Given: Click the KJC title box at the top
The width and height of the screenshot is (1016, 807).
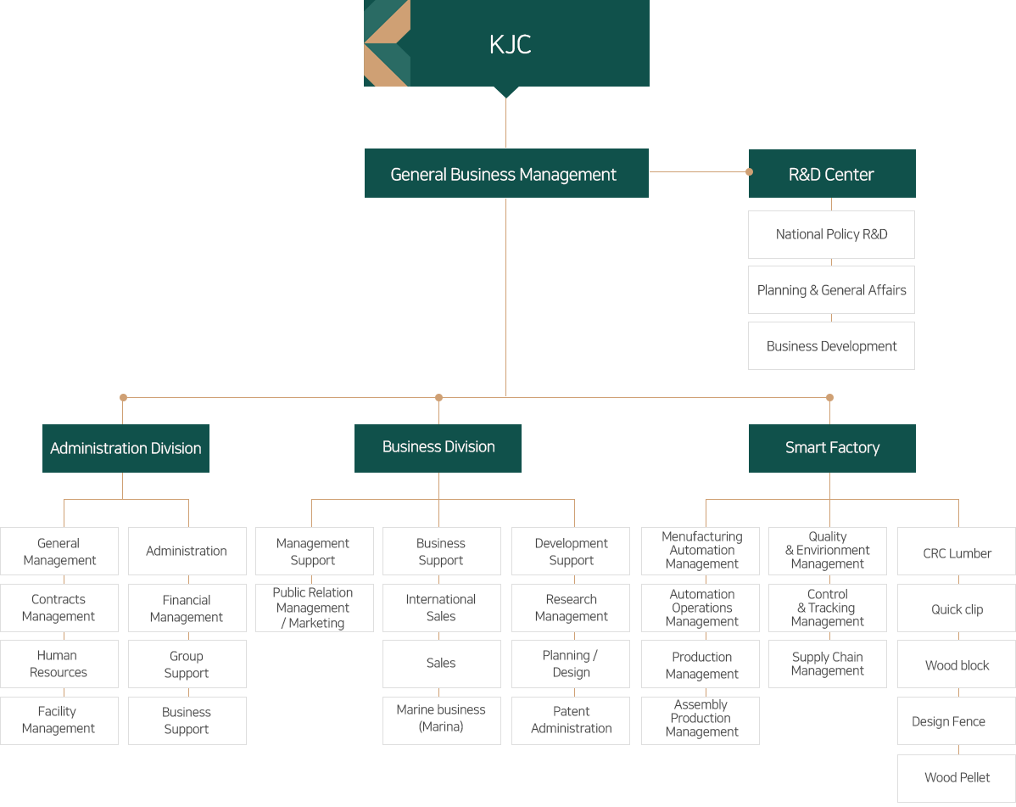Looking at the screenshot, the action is pos(506,43).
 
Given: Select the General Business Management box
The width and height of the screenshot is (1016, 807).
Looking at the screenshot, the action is pos(506,173).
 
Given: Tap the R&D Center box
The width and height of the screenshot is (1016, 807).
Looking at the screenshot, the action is pos(832,174).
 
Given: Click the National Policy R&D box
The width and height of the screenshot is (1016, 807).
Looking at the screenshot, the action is pos(831,235).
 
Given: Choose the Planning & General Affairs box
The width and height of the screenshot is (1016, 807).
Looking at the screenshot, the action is pos(831,289).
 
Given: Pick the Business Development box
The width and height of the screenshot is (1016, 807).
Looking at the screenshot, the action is pos(831,345).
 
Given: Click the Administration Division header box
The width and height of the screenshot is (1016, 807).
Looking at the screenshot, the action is pos(126,448).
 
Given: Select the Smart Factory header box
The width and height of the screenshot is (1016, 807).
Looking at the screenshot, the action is pos(832,448).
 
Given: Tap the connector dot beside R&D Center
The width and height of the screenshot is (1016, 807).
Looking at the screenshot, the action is pos(750,171).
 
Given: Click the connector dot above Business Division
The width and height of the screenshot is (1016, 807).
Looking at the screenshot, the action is pos(438,397).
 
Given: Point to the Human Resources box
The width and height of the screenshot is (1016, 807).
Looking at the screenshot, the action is pos(59,664).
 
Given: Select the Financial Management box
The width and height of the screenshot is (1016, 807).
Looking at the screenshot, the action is pos(187,608).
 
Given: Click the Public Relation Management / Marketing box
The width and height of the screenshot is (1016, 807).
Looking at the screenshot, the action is pos(315,608).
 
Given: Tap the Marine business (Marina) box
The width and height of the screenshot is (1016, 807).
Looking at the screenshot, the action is pos(441,720).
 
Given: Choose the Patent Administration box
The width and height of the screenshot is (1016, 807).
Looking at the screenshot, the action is pos(570,720).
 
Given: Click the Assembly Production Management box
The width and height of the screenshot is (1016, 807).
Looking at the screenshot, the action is pos(701,720).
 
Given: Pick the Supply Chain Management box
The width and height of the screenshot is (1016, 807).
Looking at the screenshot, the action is pos(828,664).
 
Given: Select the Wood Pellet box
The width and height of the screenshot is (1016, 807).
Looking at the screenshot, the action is pos(957,778).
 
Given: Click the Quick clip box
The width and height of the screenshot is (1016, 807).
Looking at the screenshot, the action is pos(957,608).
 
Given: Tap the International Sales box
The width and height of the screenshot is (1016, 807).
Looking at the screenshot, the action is pos(441,608).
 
